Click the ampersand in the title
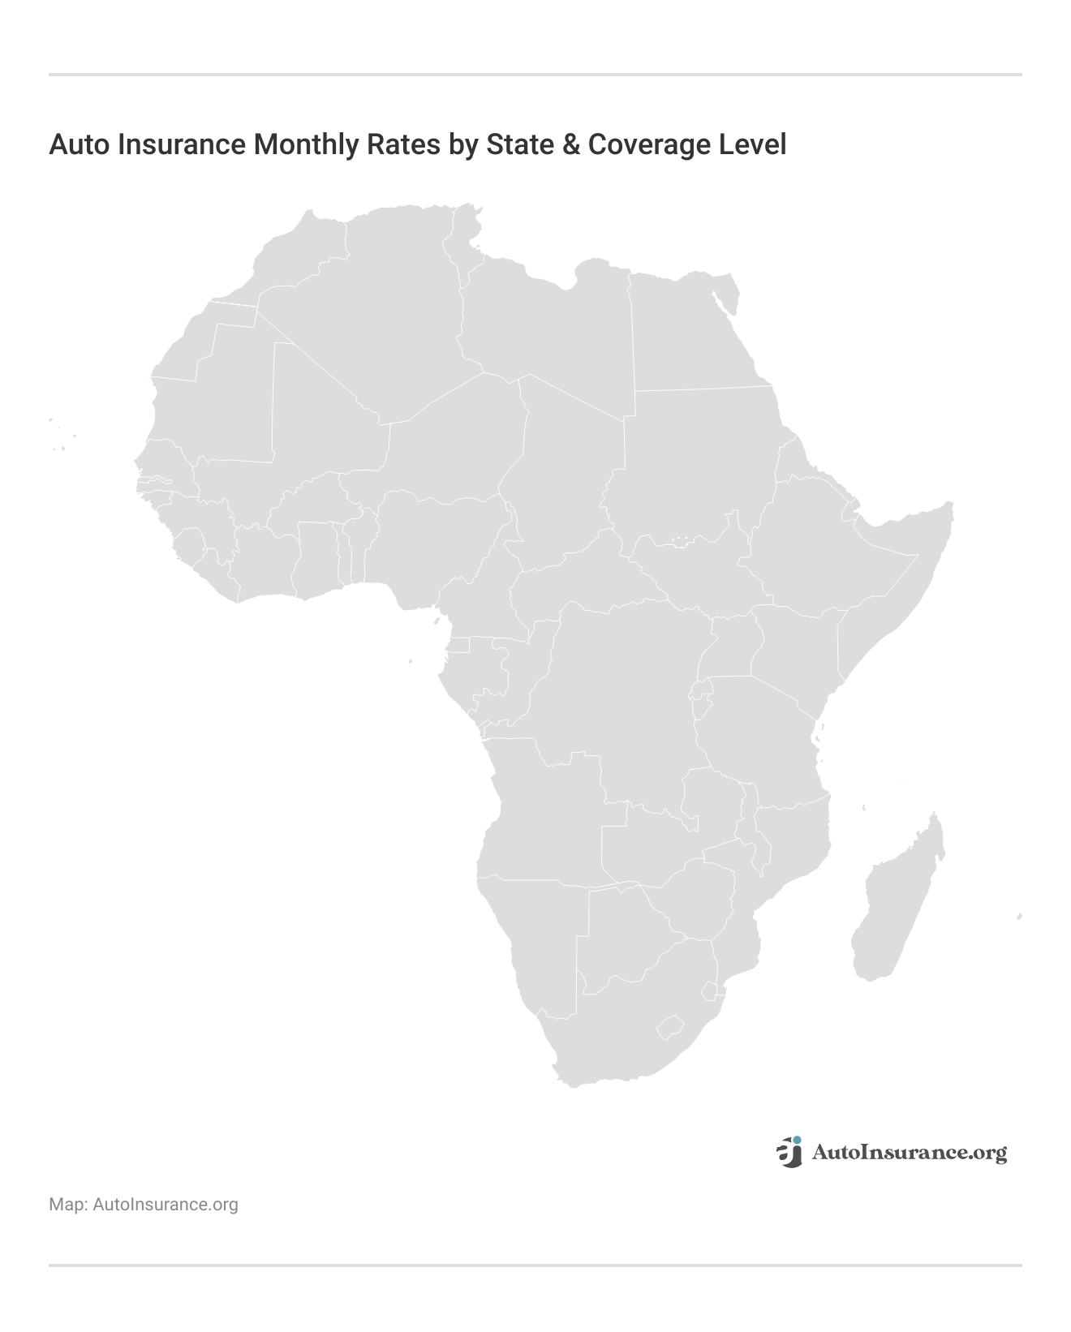coord(567,144)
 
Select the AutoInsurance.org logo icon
coord(789,1152)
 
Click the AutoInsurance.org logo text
coord(909,1153)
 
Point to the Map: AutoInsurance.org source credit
coord(144,1205)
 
